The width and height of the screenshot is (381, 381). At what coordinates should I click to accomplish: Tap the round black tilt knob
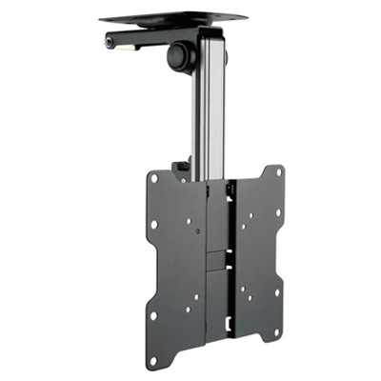click(178, 54)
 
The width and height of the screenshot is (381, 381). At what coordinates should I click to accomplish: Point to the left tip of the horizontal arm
click(107, 42)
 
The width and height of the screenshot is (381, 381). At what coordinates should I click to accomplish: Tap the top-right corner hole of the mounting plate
click(279, 172)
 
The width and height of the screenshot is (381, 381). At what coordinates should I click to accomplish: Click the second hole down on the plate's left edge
click(152, 226)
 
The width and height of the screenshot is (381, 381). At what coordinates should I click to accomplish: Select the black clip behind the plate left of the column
click(180, 171)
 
